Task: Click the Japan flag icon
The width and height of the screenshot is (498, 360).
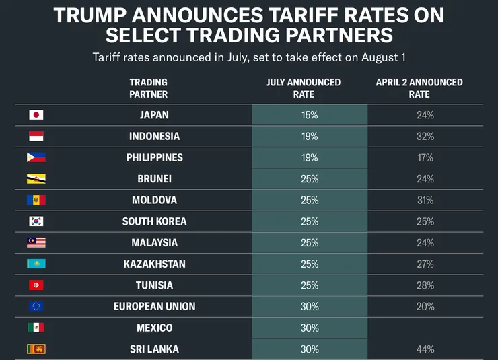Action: point(36,115)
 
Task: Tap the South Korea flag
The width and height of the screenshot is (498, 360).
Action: point(36,221)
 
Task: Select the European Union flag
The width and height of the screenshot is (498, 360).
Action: point(36,306)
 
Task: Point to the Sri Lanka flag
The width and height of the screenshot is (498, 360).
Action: point(36,349)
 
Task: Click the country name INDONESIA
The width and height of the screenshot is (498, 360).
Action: point(154,136)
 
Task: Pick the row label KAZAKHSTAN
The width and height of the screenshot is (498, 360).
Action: point(154,264)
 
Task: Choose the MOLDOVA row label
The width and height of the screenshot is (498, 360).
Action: point(154,200)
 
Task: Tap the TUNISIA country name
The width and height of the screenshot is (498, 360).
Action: point(154,285)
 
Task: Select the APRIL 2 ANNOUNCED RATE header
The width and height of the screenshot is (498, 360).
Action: point(419,88)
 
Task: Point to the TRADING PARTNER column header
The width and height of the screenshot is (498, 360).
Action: point(149,88)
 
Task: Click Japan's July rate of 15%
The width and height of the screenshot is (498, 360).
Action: point(310,115)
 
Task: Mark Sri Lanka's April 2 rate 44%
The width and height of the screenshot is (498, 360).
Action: point(425,349)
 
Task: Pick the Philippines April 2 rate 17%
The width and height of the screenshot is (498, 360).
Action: point(425,157)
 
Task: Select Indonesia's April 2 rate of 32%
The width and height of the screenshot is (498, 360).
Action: point(425,136)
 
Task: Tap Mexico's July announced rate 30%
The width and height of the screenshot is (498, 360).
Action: point(310,328)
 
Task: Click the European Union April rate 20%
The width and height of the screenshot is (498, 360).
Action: point(425,306)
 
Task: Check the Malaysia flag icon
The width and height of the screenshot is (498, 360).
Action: point(36,242)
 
